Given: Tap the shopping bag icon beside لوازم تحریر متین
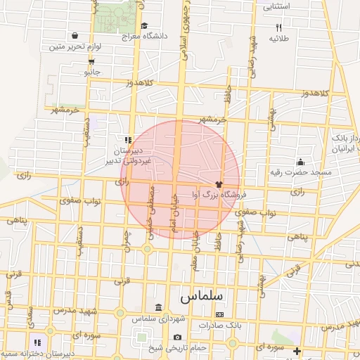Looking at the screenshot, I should (75, 35).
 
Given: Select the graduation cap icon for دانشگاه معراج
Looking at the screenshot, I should (144, 25).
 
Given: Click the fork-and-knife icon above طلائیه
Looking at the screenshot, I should (278, 27).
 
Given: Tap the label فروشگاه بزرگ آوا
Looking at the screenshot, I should (214, 193).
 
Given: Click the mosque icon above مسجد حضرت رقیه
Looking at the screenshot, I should (301, 162).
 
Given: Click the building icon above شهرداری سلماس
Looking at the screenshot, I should (158, 308).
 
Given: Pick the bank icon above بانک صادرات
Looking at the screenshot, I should (219, 314).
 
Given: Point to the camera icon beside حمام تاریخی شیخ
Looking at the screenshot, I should (148, 347).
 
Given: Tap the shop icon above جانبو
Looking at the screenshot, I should (91, 61).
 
